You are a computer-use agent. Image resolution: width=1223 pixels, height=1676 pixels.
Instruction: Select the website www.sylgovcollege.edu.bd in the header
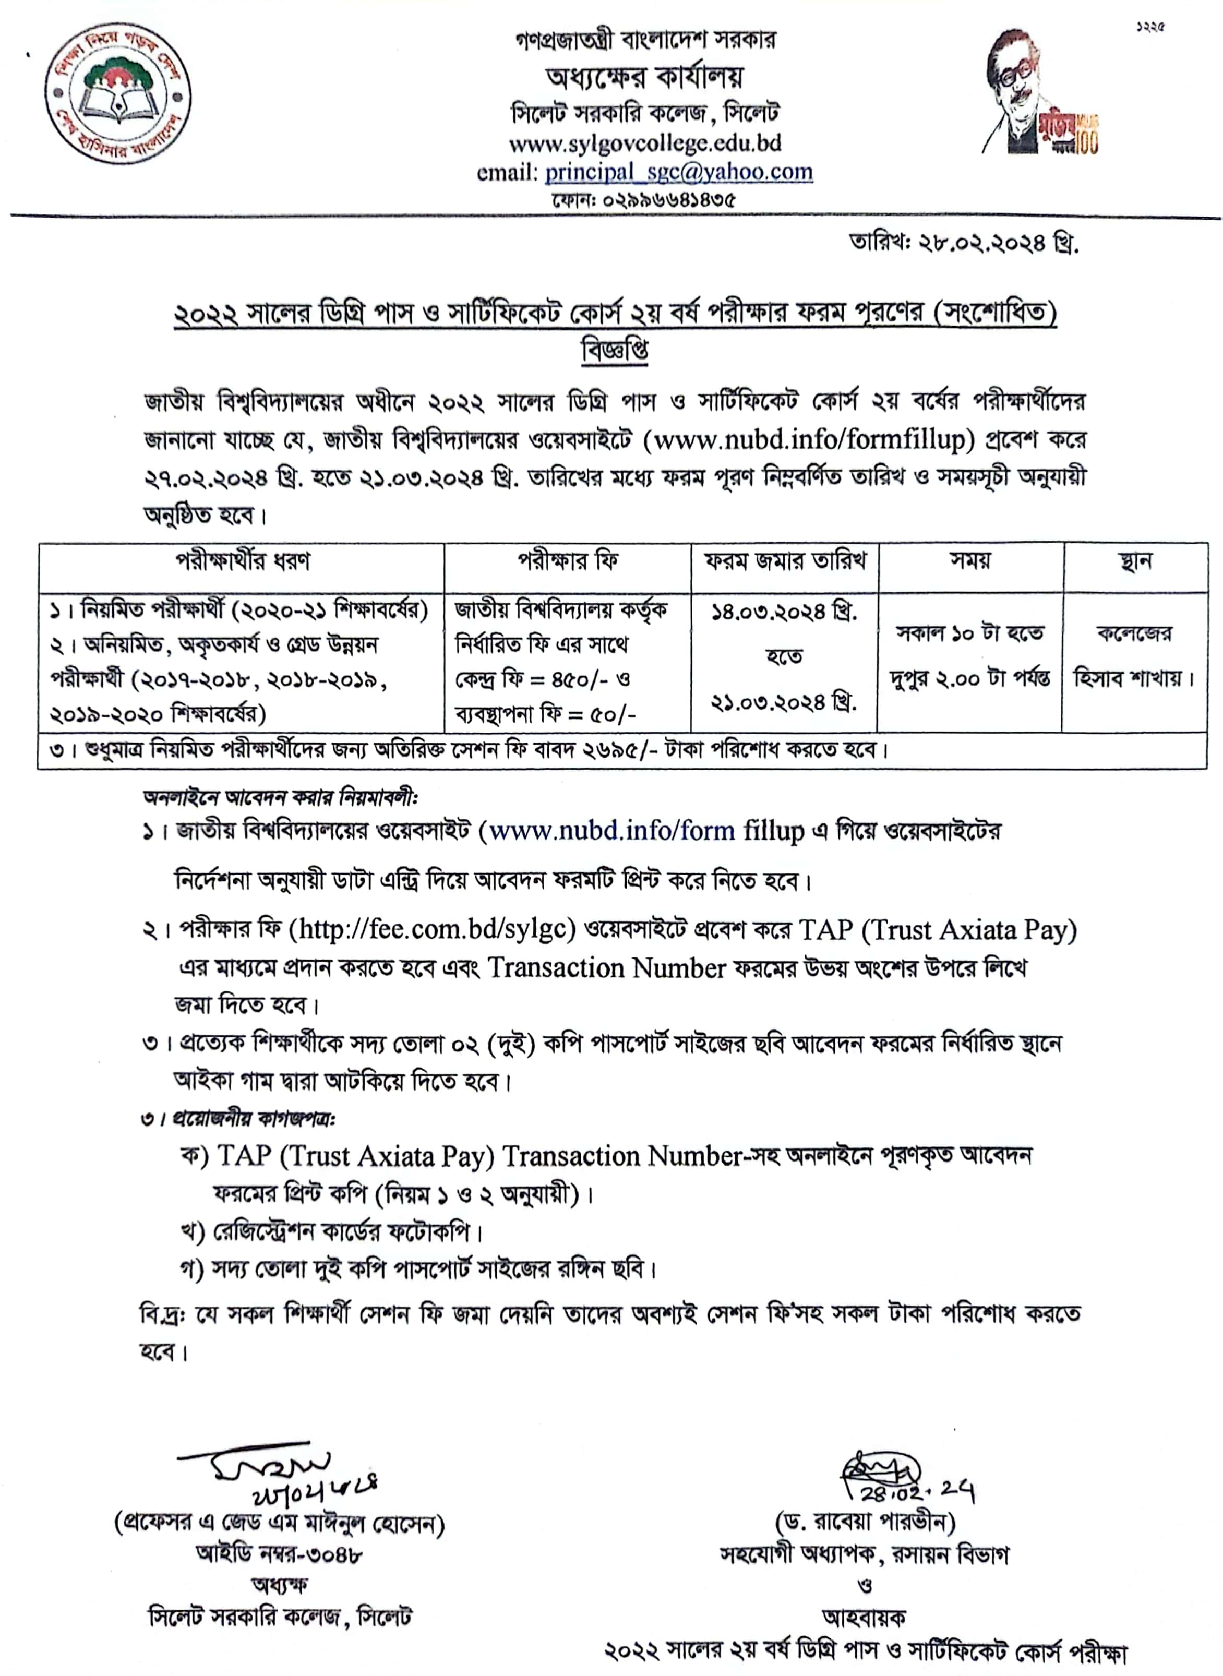point(644,142)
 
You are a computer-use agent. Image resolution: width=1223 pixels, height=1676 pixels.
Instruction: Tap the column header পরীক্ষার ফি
point(567,561)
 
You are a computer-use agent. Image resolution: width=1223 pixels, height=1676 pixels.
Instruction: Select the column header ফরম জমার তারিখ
point(785,561)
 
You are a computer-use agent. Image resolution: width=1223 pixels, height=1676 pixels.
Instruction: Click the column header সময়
point(970,561)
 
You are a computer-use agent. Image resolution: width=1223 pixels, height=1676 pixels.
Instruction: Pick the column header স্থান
point(1136,561)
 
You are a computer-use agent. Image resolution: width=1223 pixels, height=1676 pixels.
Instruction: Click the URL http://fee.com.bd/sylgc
point(437,929)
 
